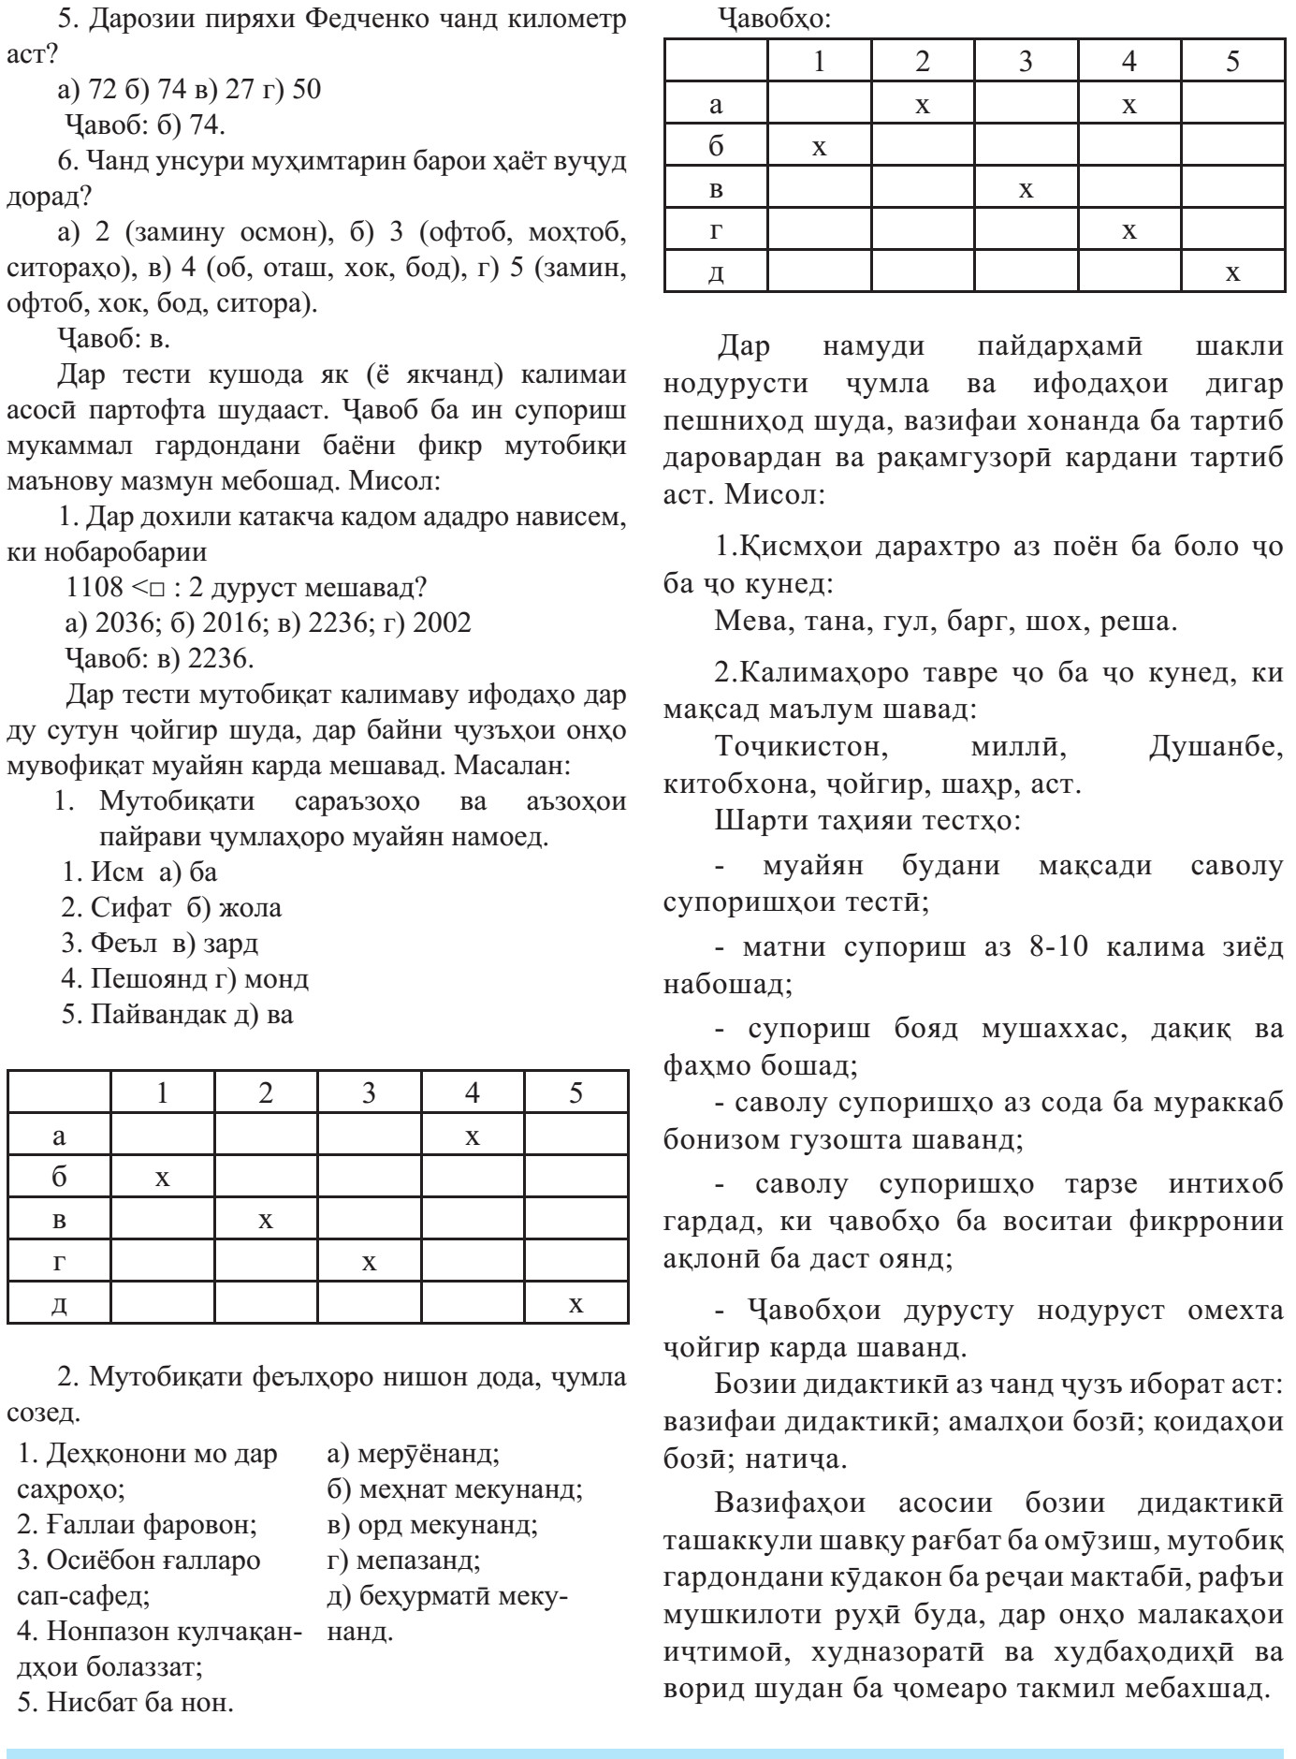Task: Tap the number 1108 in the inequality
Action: [95, 588]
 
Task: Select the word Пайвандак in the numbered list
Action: [153, 1015]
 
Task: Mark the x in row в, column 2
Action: [266, 1220]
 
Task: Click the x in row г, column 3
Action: [370, 1262]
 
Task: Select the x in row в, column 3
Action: [1027, 190]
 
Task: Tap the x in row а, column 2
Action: [923, 105]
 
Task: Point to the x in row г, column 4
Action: [1129, 230]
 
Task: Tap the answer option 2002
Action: [440, 623]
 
